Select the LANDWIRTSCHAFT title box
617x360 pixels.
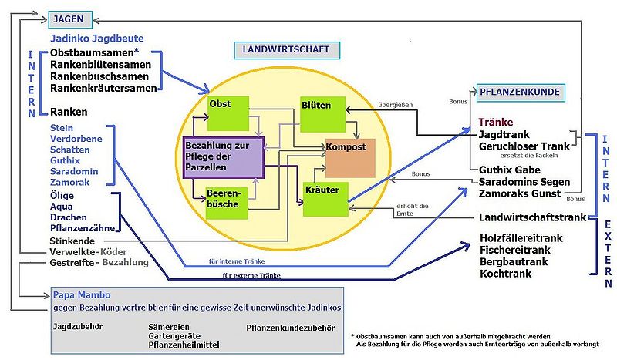point(286,50)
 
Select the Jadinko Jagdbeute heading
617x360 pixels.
point(97,38)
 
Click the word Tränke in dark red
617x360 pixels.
point(495,122)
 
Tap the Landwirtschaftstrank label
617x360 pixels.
point(533,217)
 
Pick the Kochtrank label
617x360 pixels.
point(507,274)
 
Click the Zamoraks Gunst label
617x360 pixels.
point(524,193)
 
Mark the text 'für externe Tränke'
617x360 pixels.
point(249,275)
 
